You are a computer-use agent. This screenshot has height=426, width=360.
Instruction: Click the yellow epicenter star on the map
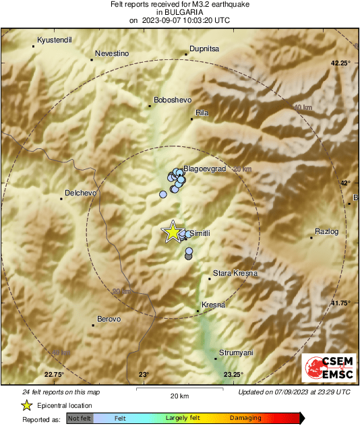pyautogui.click(x=173, y=232)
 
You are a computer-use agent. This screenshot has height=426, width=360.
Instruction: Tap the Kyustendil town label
pyautogui.click(x=55, y=40)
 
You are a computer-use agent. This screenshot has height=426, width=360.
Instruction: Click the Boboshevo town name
pyautogui.click(x=173, y=100)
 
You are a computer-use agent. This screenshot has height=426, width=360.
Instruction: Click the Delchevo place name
pyautogui.click(x=81, y=193)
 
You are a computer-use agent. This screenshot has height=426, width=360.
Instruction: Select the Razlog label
pyautogui.click(x=326, y=233)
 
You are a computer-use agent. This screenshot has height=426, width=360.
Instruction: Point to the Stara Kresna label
pyautogui.click(x=235, y=274)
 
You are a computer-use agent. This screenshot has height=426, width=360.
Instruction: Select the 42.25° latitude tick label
pyautogui.click(x=341, y=63)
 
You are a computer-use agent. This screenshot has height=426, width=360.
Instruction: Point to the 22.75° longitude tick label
pyautogui.click(x=54, y=374)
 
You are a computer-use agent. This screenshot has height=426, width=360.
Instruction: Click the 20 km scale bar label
pyautogui.click(x=179, y=395)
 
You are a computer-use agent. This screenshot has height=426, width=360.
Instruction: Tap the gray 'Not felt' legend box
pyautogui.click(x=80, y=419)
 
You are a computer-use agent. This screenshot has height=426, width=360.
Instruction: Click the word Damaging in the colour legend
pyautogui.click(x=245, y=419)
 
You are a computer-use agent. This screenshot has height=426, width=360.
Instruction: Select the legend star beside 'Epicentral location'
pyautogui.click(x=26, y=406)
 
